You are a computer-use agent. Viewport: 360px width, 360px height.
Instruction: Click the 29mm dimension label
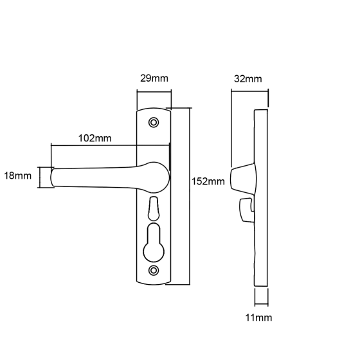[x=154, y=78]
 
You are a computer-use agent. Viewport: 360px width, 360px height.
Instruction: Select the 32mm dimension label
[x=248, y=78]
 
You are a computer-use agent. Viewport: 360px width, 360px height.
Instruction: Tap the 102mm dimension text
[x=95, y=138]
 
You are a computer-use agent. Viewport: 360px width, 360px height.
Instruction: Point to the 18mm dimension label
[x=18, y=176]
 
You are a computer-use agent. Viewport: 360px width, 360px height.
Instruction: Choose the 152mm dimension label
[x=208, y=181]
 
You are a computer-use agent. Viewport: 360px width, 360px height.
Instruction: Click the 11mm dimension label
[x=258, y=318]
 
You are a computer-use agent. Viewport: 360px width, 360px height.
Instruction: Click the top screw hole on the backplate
[x=154, y=122]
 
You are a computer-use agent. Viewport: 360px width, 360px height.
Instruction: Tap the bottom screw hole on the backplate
[x=154, y=270]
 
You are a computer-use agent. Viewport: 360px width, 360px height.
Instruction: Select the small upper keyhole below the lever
[x=154, y=209]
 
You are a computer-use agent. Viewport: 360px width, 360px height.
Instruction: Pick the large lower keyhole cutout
[x=154, y=242]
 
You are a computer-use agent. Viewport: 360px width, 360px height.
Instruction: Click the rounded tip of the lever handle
[x=52, y=177]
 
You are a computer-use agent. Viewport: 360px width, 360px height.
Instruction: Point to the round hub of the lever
[x=156, y=177]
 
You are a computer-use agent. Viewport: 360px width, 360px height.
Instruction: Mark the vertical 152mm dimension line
[x=190, y=196]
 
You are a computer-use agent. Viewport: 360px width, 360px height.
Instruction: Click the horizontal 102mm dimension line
[x=110, y=145]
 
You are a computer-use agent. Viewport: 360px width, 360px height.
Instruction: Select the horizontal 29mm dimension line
[x=154, y=92]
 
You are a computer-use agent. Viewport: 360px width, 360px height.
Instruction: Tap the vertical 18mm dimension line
[x=40, y=177]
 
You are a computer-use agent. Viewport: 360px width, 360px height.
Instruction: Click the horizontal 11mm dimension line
[x=262, y=304]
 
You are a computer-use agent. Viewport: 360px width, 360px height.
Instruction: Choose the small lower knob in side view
[x=246, y=210]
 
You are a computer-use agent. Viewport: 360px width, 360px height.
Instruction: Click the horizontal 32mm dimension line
[x=250, y=91]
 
